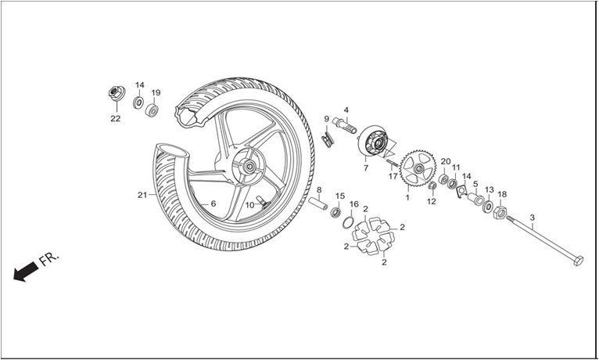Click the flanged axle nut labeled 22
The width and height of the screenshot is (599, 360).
[x=117, y=93]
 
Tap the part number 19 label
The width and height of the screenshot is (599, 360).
[x=156, y=93]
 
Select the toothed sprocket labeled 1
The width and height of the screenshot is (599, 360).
[x=418, y=168]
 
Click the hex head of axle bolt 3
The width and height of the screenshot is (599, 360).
[x=579, y=261]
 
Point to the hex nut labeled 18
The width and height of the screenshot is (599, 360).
[x=500, y=212]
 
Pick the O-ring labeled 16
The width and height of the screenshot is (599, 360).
[x=348, y=222]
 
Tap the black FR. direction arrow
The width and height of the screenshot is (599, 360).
[x=26, y=271]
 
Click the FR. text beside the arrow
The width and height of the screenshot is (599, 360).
[x=49, y=258]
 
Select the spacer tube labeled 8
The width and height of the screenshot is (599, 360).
[x=318, y=203]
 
